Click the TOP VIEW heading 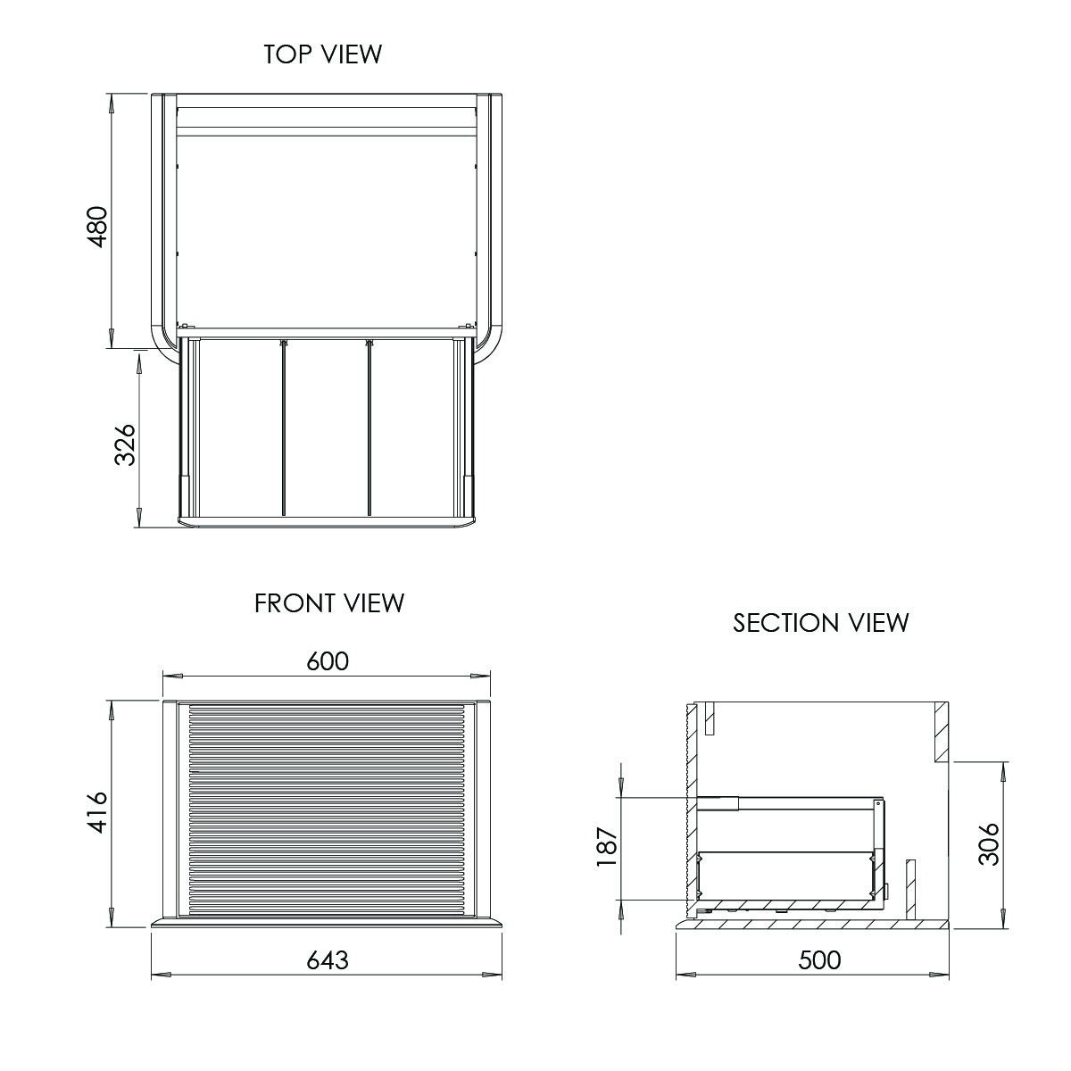click(x=322, y=54)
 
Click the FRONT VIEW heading click(x=329, y=603)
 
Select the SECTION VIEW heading click(x=820, y=622)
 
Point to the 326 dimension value click(x=125, y=444)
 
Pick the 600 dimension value click(x=328, y=661)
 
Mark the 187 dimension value click(x=607, y=846)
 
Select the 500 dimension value click(x=819, y=959)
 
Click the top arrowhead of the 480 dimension click(x=112, y=102)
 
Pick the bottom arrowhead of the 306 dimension click(x=1004, y=919)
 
